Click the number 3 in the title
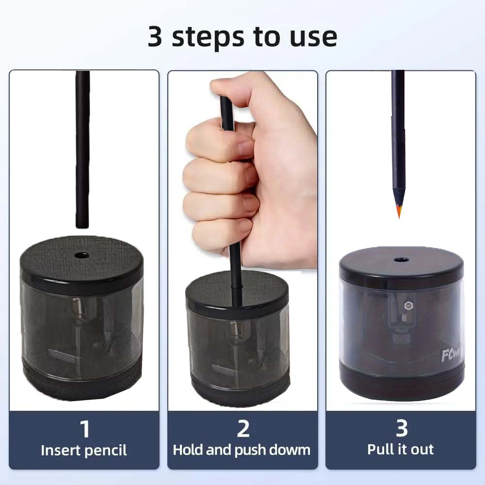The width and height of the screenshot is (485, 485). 155,36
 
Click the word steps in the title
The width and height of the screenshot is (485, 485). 208,38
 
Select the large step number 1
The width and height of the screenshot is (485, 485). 85,429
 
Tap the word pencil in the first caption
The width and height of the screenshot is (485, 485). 105,451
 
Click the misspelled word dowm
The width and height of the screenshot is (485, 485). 290,450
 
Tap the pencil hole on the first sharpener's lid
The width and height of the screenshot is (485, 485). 82,256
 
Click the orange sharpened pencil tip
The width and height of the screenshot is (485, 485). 399,213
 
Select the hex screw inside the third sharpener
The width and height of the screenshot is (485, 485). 407,306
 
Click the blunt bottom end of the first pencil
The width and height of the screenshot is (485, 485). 82,227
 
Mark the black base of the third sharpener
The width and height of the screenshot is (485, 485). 402,383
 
